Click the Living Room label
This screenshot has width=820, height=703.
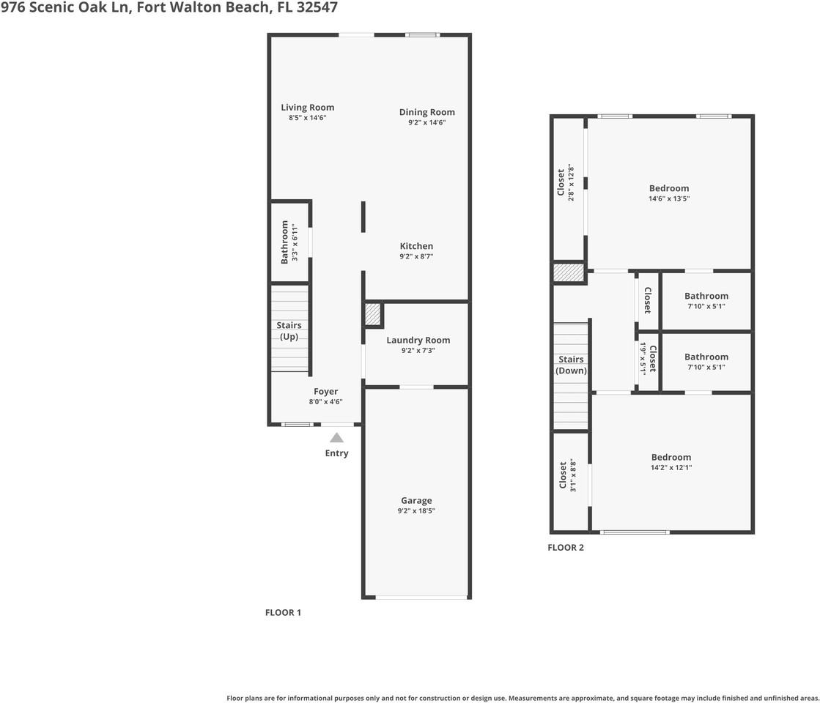pyautogui.click(x=307, y=108)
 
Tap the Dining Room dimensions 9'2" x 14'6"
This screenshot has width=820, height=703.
pyautogui.click(x=426, y=123)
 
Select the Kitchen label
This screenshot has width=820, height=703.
pyautogui.click(x=416, y=246)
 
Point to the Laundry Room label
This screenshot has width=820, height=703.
pyautogui.click(x=418, y=340)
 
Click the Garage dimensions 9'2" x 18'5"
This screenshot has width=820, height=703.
pyautogui.click(x=415, y=511)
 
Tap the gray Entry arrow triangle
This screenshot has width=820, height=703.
pyautogui.click(x=336, y=438)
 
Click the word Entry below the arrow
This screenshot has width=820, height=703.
pyautogui.click(x=336, y=453)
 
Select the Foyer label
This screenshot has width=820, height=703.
pyautogui.click(x=326, y=392)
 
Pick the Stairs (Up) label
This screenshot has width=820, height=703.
pyautogui.click(x=289, y=331)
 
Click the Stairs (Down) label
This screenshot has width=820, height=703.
pyautogui.click(x=571, y=365)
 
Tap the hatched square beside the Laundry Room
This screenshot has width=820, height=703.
pyautogui.click(x=373, y=315)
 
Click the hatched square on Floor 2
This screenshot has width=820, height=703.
pyautogui.click(x=569, y=272)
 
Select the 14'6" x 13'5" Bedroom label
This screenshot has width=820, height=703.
pyautogui.click(x=669, y=188)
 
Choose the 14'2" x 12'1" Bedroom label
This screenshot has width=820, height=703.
pyautogui.click(x=671, y=457)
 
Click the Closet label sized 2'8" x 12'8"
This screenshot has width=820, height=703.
pyautogui.click(x=561, y=182)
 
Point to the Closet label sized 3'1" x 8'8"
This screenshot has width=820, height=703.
pyautogui.click(x=563, y=475)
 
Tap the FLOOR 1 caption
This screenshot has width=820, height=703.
pyautogui.click(x=283, y=612)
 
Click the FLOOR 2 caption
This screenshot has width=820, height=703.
pyautogui.click(x=566, y=547)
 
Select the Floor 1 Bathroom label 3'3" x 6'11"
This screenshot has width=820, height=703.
pyautogui.click(x=285, y=242)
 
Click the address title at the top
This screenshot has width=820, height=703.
pyautogui.click(x=169, y=8)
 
